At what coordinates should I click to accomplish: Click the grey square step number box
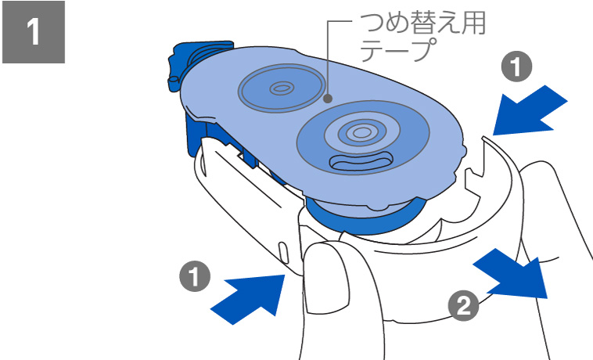34,33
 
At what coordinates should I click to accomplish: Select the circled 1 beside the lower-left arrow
193,277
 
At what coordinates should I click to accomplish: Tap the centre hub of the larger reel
361,132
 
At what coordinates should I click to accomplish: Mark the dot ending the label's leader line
329,99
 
